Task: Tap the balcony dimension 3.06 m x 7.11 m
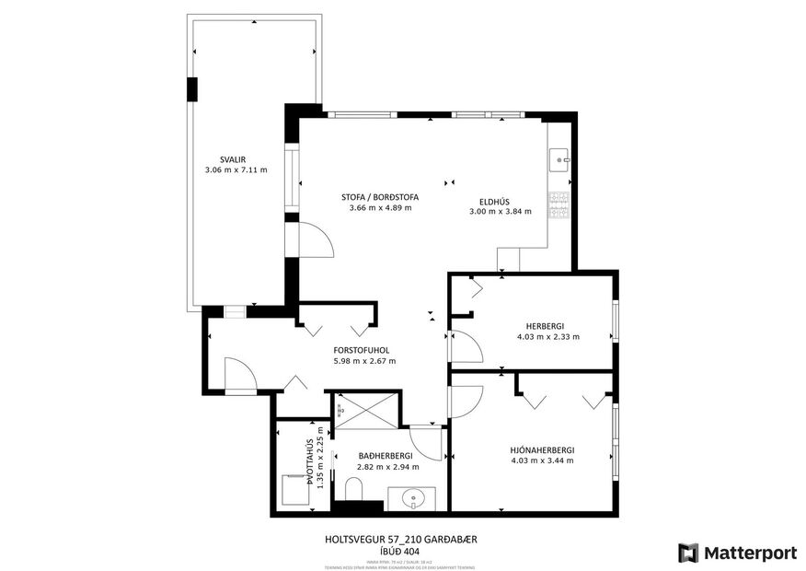click(236, 170)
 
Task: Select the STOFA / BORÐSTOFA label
click(380, 196)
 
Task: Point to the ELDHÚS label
click(494, 201)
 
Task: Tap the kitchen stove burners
click(558, 205)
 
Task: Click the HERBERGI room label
click(545, 326)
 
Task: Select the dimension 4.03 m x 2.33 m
click(547, 337)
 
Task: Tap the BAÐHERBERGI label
click(386, 455)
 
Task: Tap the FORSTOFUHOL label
click(363, 350)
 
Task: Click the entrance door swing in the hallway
click(236, 373)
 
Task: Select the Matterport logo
click(737, 553)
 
